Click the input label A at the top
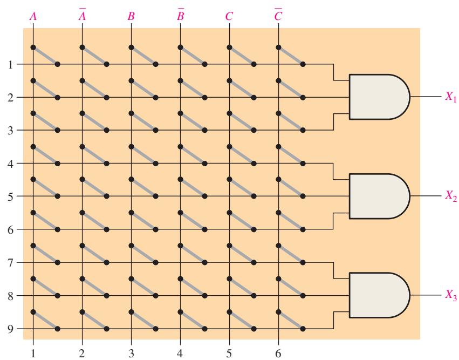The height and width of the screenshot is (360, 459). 33,16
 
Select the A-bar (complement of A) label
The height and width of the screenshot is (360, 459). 83,15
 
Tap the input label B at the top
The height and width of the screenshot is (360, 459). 131,16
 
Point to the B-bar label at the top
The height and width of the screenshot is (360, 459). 181,15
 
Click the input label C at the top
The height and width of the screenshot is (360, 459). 229,16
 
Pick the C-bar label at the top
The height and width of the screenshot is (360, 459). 278,15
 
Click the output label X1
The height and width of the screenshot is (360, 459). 451,97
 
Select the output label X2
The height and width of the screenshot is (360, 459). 451,195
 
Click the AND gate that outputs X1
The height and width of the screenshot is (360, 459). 379,97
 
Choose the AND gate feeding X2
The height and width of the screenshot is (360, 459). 379,196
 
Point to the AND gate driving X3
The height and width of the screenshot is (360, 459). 379,295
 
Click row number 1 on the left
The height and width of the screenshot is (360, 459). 11,64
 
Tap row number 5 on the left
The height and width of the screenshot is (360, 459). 11,196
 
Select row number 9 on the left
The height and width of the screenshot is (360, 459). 11,329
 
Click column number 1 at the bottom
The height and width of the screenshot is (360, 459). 33,354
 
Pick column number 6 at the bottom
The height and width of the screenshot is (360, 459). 278,354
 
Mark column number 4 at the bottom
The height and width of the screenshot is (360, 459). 180,354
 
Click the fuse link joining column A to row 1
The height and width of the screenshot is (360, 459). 45,56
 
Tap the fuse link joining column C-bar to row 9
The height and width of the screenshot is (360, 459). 290,320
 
